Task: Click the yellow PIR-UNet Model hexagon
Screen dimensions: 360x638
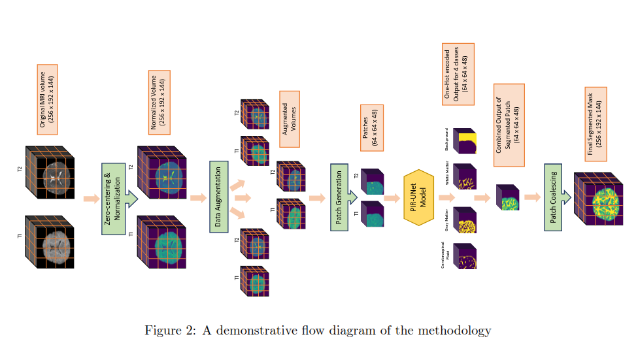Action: [x=419, y=197]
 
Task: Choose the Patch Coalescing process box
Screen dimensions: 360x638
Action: [x=553, y=197]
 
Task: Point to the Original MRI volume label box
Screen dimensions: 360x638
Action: [x=47, y=99]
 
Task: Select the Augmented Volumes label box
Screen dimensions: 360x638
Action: [x=289, y=118]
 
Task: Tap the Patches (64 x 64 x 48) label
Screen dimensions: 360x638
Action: [x=371, y=128]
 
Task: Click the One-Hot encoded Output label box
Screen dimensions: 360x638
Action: [x=458, y=74]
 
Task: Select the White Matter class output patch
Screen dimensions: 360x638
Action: [x=465, y=176]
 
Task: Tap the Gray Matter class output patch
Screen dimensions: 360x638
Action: [x=465, y=220]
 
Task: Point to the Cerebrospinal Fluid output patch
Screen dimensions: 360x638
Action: [x=465, y=255]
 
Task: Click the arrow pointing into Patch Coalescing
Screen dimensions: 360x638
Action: [x=532, y=197]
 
